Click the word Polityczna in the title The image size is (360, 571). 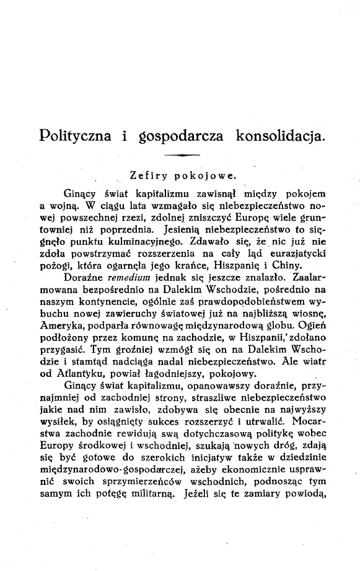click(x=76, y=135)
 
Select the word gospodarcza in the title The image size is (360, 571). click(x=175, y=135)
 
